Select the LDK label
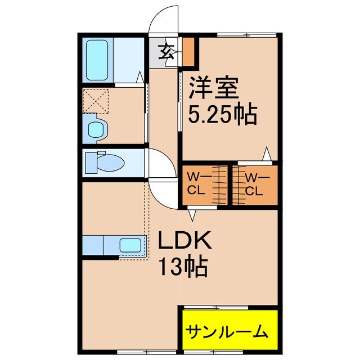point(184,242)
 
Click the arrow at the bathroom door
point(141,76)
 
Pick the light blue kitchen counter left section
point(92,246)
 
